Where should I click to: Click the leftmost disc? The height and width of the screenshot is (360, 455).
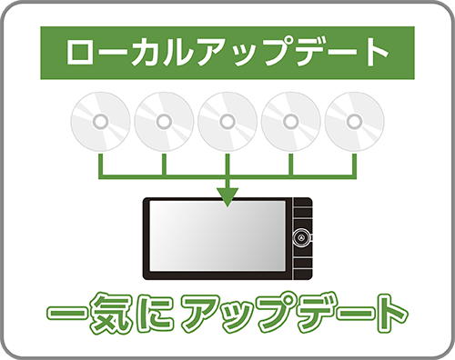tap(100, 122)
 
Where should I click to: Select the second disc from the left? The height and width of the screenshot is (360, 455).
tap(164, 122)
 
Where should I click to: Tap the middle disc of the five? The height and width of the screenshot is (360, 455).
tap(227, 122)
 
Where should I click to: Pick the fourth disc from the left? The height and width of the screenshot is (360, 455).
tap(291, 122)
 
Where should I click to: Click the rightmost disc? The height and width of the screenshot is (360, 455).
tap(355, 122)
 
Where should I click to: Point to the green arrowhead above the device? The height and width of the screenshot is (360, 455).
tap(227, 195)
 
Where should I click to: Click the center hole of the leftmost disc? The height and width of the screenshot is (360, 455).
tap(100, 120)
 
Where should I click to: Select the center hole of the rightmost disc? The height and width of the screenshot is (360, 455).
tap(355, 120)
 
